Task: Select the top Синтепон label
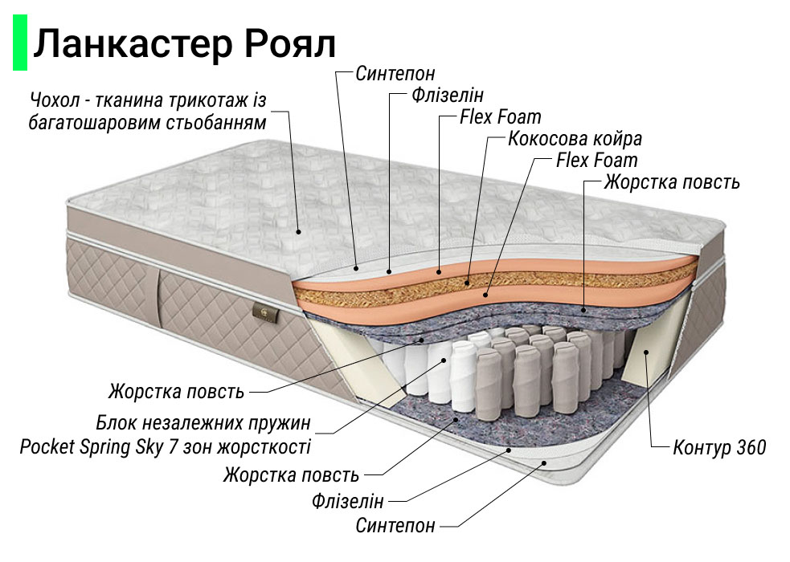coord(395,74)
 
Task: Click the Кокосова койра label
coord(575,139)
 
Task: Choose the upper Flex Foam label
coord(501,117)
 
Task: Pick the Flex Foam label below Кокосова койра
coord(597,161)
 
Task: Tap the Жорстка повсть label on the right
coord(672,182)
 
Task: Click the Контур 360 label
coord(719,447)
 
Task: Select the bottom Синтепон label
coord(395,526)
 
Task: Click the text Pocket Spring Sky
coord(80,447)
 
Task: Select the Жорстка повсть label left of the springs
coord(176,393)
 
